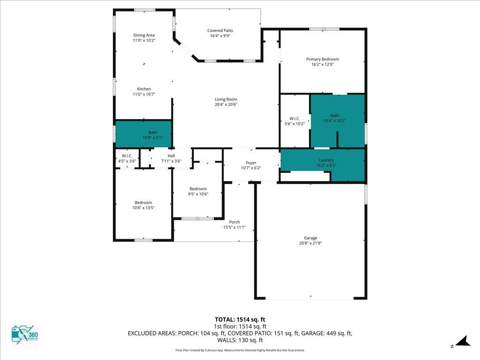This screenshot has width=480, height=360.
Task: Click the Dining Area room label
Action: pyautogui.click(x=144, y=35)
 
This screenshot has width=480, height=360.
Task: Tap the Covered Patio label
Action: pyautogui.click(x=220, y=30)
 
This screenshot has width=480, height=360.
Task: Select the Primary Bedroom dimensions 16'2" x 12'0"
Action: pyautogui.click(x=322, y=65)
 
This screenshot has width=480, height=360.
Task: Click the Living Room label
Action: pyautogui.click(x=226, y=99)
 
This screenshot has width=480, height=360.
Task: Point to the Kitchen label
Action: pyautogui.click(x=144, y=89)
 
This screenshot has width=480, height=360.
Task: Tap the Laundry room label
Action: pyautogui.click(x=326, y=160)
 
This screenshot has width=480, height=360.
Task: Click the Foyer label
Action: pyautogui.click(x=251, y=163)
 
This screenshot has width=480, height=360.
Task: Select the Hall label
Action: pyautogui.click(x=172, y=156)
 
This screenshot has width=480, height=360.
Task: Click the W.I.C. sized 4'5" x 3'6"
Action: pyautogui.click(x=127, y=158)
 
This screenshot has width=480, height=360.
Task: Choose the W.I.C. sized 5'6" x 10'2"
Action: pyautogui.click(x=294, y=121)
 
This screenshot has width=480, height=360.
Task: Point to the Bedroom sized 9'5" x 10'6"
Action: pyautogui.click(x=198, y=191)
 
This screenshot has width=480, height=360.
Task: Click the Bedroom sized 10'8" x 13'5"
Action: pyautogui.click(x=143, y=205)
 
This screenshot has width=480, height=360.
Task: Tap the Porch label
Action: pyautogui.click(x=234, y=222)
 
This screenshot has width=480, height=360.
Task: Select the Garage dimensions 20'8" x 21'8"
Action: pyautogui.click(x=310, y=243)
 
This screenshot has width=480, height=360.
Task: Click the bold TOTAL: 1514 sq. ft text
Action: pyautogui.click(x=240, y=320)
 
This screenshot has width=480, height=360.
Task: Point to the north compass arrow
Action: pyautogui.click(x=462, y=341)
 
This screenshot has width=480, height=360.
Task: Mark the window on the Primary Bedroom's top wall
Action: pyautogui.click(x=324, y=29)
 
